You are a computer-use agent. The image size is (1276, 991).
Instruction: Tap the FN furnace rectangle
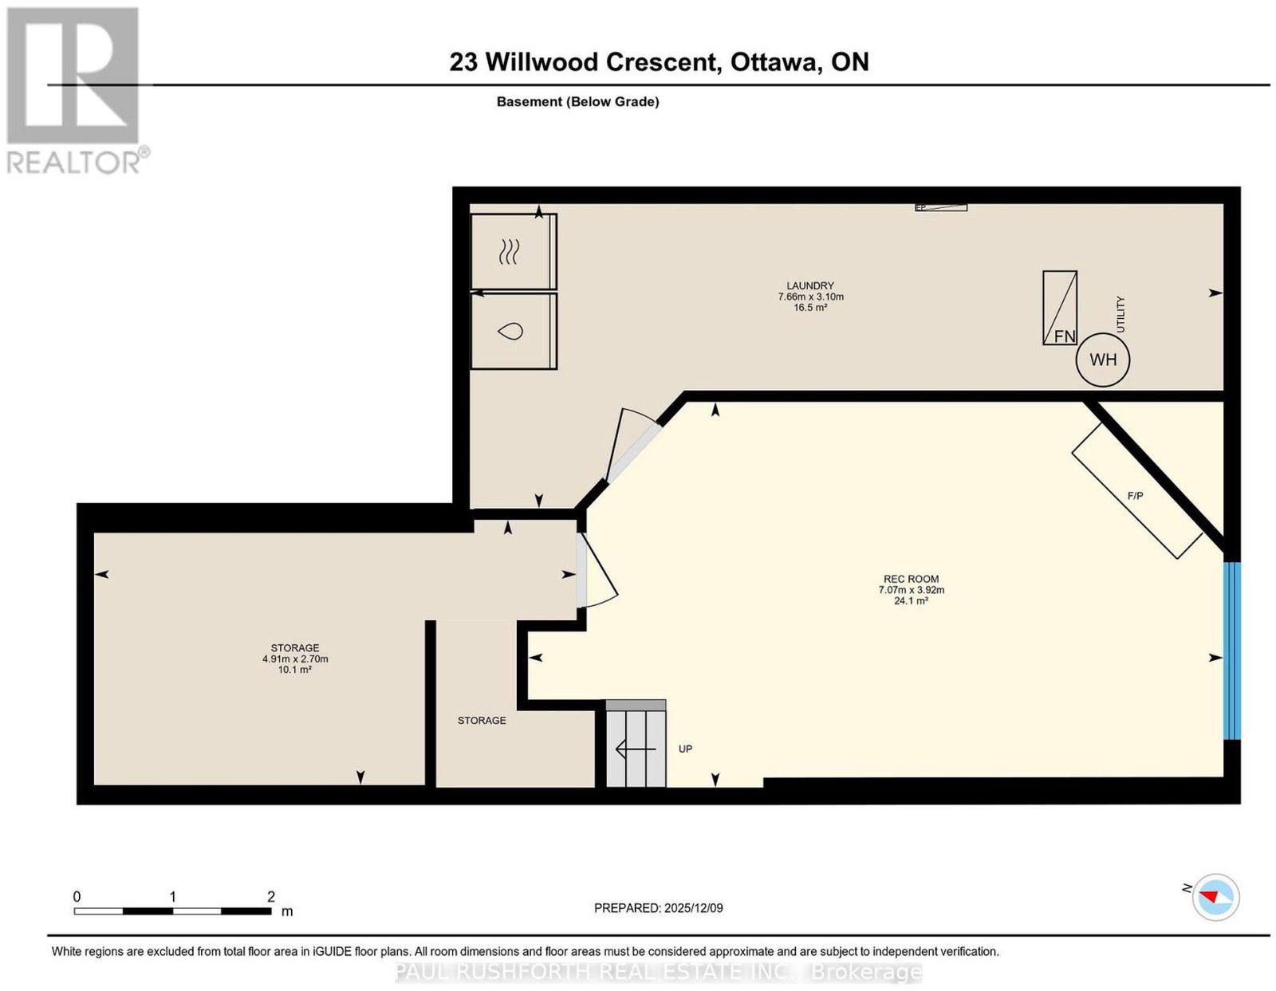[1059, 308]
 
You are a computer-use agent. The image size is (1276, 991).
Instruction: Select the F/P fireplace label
[1135, 496]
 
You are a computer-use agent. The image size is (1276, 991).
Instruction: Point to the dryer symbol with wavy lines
[509, 251]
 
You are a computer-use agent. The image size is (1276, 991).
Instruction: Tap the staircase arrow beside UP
[635, 749]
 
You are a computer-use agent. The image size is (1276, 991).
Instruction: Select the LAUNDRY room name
[810, 285]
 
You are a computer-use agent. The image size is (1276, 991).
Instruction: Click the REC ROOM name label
[911, 579]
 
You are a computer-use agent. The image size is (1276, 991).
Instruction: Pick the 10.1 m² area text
[294, 670]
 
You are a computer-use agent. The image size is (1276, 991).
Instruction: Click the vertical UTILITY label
[1120, 314]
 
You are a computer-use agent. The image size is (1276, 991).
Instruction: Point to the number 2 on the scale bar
[270, 897]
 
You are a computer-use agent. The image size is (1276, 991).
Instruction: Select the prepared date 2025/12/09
[694, 908]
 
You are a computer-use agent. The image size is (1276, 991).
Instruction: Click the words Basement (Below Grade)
[578, 101]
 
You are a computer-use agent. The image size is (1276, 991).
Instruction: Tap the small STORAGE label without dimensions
[482, 721]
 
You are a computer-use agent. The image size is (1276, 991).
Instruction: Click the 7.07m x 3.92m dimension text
[911, 590]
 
